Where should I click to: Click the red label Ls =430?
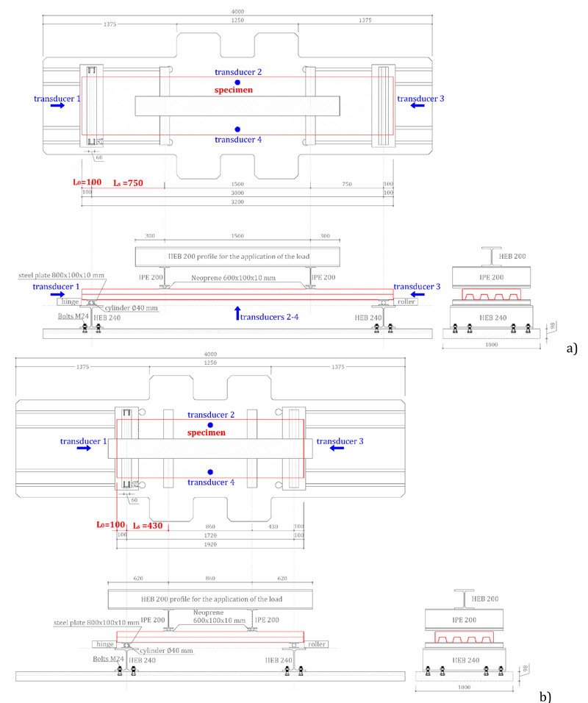(x=147, y=525)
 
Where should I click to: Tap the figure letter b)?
(x=545, y=694)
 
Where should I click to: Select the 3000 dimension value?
(x=237, y=193)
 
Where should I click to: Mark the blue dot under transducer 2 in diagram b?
(x=210, y=426)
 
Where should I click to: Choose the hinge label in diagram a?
(x=67, y=301)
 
